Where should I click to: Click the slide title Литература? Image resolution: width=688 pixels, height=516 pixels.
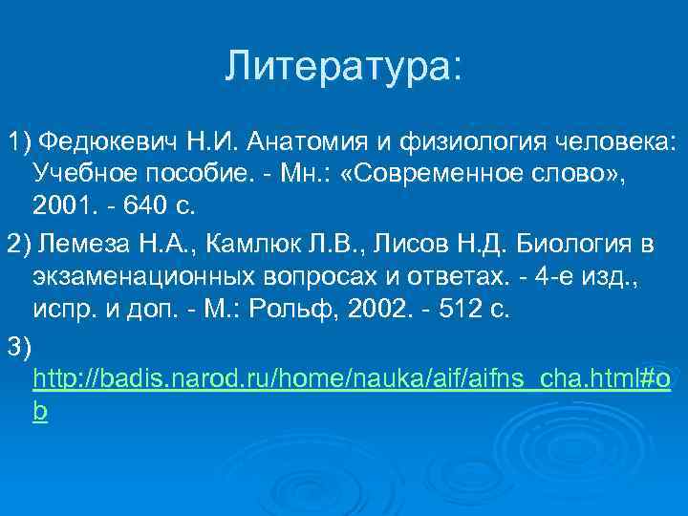pyautogui.click(x=343, y=66)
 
